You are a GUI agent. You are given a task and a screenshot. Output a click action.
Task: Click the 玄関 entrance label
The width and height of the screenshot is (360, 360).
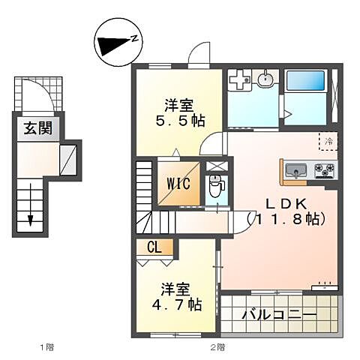(x=36, y=129)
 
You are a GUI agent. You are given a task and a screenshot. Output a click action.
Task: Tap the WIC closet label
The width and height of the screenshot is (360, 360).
(x=178, y=184)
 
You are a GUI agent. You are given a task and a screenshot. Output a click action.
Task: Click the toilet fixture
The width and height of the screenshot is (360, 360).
(x=216, y=186)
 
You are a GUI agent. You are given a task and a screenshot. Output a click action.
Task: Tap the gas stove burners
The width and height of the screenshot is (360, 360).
(x=325, y=169)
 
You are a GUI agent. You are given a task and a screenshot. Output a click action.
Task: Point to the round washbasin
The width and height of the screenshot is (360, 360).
(x=265, y=79)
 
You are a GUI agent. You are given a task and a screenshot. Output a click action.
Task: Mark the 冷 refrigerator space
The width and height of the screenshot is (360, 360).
(x=328, y=141)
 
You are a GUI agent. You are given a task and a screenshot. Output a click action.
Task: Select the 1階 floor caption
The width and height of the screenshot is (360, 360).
(x=47, y=347)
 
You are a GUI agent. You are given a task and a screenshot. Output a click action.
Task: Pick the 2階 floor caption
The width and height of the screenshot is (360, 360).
(x=217, y=347)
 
